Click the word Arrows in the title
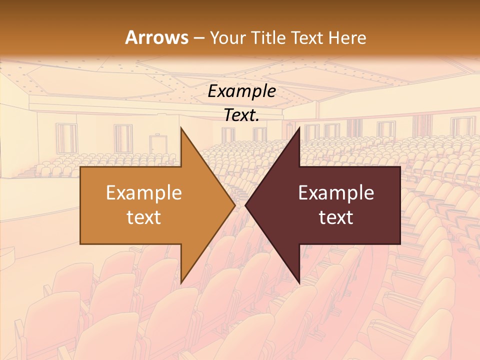157,37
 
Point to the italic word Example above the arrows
241,91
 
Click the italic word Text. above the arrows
241,115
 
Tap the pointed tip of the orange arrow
234,205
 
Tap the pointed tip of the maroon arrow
246,205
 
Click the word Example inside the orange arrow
143,192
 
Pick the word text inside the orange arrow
143,217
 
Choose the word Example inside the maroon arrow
336,192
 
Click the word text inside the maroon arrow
336,217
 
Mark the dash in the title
198,38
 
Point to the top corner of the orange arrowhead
181,128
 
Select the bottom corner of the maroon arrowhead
299,283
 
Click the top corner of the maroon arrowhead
299,128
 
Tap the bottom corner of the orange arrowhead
181,283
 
